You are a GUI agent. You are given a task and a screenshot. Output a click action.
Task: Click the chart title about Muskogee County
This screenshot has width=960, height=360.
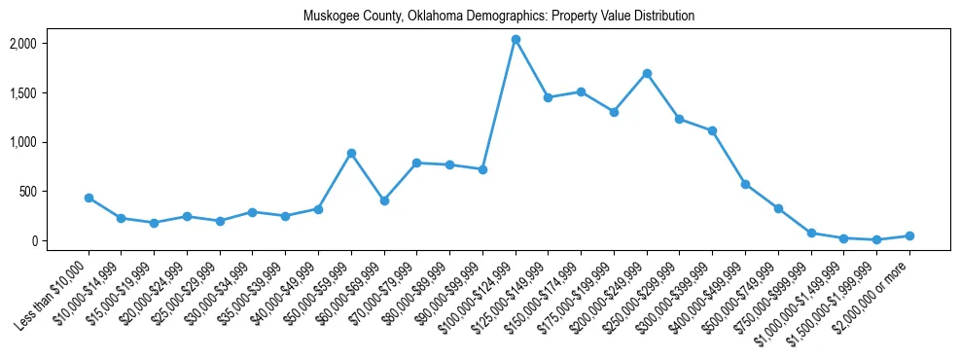[499, 16]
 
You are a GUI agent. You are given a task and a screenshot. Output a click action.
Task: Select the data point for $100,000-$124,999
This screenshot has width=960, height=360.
[516, 40]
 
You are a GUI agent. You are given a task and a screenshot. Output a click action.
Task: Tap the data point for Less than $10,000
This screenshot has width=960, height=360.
[89, 198]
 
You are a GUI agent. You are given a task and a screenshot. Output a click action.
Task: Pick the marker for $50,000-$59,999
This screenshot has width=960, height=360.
[351, 153]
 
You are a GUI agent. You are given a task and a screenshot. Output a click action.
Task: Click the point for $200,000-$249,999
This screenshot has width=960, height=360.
[647, 73]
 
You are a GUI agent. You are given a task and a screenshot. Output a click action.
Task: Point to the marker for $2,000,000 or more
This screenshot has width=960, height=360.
[909, 235]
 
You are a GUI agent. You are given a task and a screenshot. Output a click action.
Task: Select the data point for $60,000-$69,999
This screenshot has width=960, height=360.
[384, 200]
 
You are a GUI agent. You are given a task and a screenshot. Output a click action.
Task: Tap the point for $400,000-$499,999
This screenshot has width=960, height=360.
[745, 184]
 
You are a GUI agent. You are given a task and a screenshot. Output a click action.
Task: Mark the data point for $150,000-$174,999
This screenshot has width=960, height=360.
[581, 91]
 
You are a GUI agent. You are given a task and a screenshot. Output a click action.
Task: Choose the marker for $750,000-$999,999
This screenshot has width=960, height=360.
[811, 234]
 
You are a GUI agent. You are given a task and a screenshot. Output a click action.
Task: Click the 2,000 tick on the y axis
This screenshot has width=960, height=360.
[51, 44]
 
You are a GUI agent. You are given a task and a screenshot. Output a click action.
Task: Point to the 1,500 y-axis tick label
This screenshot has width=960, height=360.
[51, 93]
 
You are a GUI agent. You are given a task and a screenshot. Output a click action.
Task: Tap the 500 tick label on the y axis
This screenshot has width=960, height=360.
[57, 192]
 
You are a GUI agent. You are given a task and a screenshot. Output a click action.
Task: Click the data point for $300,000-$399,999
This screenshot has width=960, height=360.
[712, 130]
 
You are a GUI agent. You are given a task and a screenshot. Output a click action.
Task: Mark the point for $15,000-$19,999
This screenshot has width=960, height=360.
[155, 223]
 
